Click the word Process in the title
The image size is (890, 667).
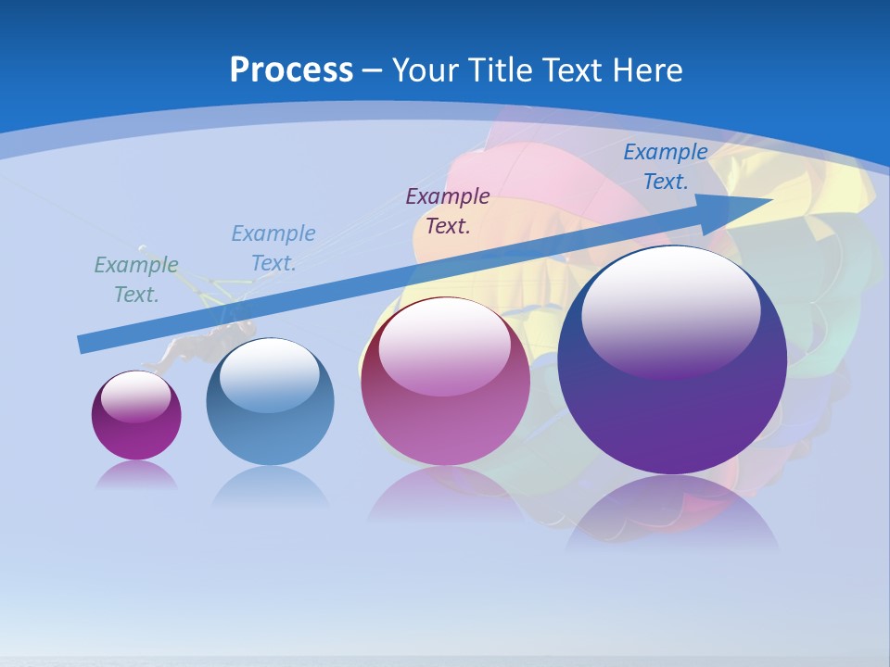coord(291,70)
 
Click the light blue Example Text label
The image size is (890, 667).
coord(273,248)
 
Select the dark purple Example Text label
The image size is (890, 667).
coord(448,210)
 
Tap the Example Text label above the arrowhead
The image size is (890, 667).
coord(665,167)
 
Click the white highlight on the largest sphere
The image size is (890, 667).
coord(670,310)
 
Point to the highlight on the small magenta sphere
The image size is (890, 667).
coord(135,396)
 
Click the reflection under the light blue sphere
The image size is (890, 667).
coord(270,486)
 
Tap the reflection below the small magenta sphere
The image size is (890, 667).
coord(136,475)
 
